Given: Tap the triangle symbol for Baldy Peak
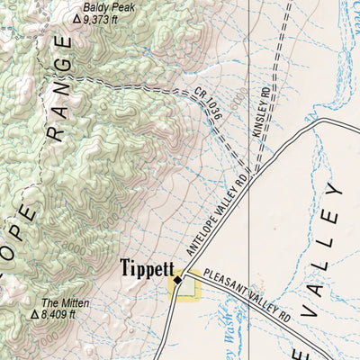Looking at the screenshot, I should click(x=76, y=18).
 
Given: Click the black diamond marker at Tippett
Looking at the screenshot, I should click(x=178, y=281).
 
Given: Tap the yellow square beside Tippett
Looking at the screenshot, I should click(x=184, y=289).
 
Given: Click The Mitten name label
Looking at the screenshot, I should click(x=59, y=303).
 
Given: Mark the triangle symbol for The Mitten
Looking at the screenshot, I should click(x=35, y=316).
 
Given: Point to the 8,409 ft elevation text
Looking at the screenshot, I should click(x=61, y=316).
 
